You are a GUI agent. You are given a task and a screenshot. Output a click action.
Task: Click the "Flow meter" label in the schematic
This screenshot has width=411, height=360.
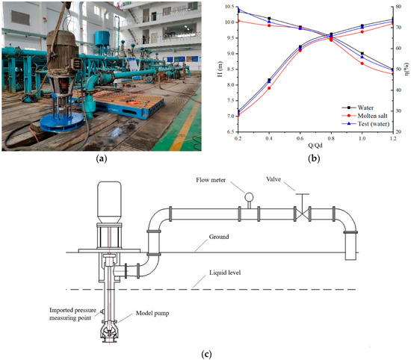211,180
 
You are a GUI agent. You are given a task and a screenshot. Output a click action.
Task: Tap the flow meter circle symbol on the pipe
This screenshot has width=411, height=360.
249,196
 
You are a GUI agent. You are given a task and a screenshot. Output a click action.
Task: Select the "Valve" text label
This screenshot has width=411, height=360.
274,179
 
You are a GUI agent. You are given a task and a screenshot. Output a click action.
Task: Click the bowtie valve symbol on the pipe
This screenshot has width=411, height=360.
302,214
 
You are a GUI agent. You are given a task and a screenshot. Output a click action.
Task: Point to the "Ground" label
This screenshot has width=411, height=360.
219,237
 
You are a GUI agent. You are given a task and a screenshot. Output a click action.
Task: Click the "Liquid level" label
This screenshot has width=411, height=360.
225,273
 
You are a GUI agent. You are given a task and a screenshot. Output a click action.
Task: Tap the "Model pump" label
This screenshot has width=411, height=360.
152,314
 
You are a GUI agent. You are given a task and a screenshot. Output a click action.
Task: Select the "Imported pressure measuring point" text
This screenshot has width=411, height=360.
72,314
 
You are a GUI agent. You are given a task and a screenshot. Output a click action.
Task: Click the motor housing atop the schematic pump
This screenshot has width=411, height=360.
109,202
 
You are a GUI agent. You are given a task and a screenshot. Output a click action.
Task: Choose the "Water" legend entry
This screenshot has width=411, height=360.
365,108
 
